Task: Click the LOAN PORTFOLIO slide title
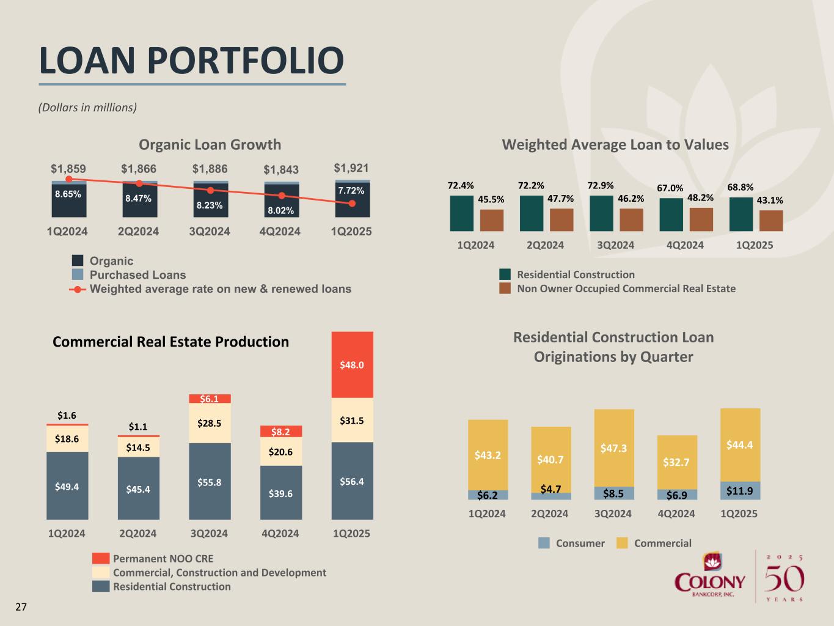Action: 191,61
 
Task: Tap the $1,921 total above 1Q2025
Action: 351,168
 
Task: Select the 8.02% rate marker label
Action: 281,210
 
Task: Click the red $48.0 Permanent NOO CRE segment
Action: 352,365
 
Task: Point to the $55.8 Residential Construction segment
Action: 210,482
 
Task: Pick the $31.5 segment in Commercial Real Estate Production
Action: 352,421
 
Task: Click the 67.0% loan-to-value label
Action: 670,188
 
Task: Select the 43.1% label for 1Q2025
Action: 770,200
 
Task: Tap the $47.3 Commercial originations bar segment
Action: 614,448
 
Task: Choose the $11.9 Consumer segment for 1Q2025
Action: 740,491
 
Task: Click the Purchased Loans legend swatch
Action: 78,275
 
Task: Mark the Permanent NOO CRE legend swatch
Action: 101,559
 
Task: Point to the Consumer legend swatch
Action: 544,543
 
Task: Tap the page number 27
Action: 21,607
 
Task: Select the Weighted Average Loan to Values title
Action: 615,145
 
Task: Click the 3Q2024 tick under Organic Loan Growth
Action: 210,232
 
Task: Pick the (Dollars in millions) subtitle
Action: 87,108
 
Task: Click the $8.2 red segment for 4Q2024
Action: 281,432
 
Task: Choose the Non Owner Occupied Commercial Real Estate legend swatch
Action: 505,289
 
